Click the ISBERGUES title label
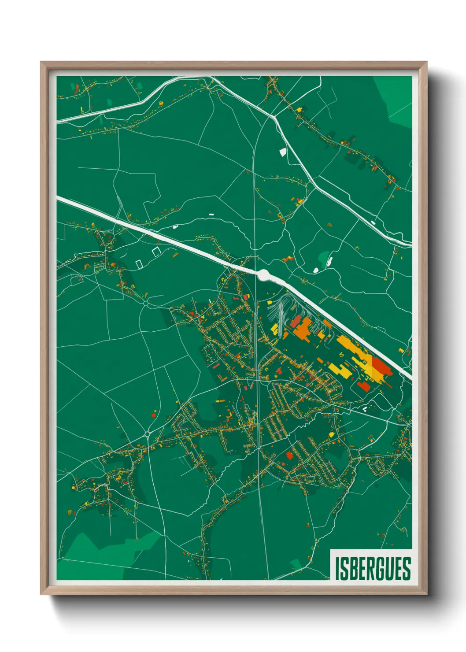(373, 568)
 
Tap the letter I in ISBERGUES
(337, 568)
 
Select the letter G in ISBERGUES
(382, 568)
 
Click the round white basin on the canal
(265, 275)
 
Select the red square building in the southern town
(289, 455)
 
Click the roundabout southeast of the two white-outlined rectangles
(146, 303)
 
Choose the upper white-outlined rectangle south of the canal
(155, 252)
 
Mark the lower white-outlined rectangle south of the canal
(139, 263)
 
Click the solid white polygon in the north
(283, 152)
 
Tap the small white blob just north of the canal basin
(315, 270)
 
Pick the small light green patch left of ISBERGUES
(296, 563)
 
